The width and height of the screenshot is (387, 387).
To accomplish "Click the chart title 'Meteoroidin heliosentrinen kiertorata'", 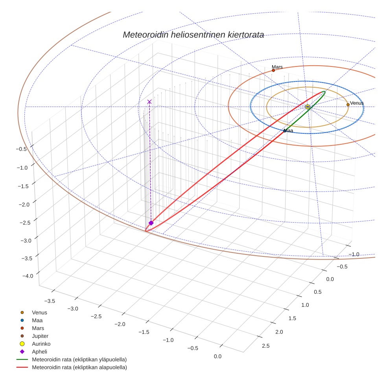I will tap(193, 35).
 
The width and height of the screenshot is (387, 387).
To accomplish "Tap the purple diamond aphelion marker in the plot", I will tap(151, 223).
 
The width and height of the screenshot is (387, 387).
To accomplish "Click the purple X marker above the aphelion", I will tap(149, 102).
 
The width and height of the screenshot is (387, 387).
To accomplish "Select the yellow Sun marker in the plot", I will tap(308, 107).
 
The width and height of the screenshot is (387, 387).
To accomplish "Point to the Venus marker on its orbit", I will tap(348, 105).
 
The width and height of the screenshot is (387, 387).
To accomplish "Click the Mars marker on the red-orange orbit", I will tap(273, 70).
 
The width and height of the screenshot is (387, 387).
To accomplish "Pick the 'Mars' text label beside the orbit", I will tap(277, 67).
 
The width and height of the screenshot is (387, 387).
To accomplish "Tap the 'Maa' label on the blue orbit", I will tap(289, 131).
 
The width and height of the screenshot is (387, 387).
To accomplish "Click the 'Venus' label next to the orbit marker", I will tap(357, 103).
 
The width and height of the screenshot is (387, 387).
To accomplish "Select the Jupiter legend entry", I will tap(40, 336).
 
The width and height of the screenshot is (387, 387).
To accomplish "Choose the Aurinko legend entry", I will tap(41, 344).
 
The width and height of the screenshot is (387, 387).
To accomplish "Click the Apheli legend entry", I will tap(39, 352).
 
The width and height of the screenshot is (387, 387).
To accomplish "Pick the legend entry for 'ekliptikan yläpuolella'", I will tap(79, 359).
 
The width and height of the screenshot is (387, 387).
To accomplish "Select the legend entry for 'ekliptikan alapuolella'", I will tap(79, 367).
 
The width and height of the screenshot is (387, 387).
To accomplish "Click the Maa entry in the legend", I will tap(37, 320).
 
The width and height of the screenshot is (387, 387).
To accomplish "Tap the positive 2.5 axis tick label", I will tap(265, 346).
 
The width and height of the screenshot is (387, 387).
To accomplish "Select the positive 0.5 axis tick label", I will tap(317, 292).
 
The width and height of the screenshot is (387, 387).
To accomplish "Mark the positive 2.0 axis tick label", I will tap(279, 332).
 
